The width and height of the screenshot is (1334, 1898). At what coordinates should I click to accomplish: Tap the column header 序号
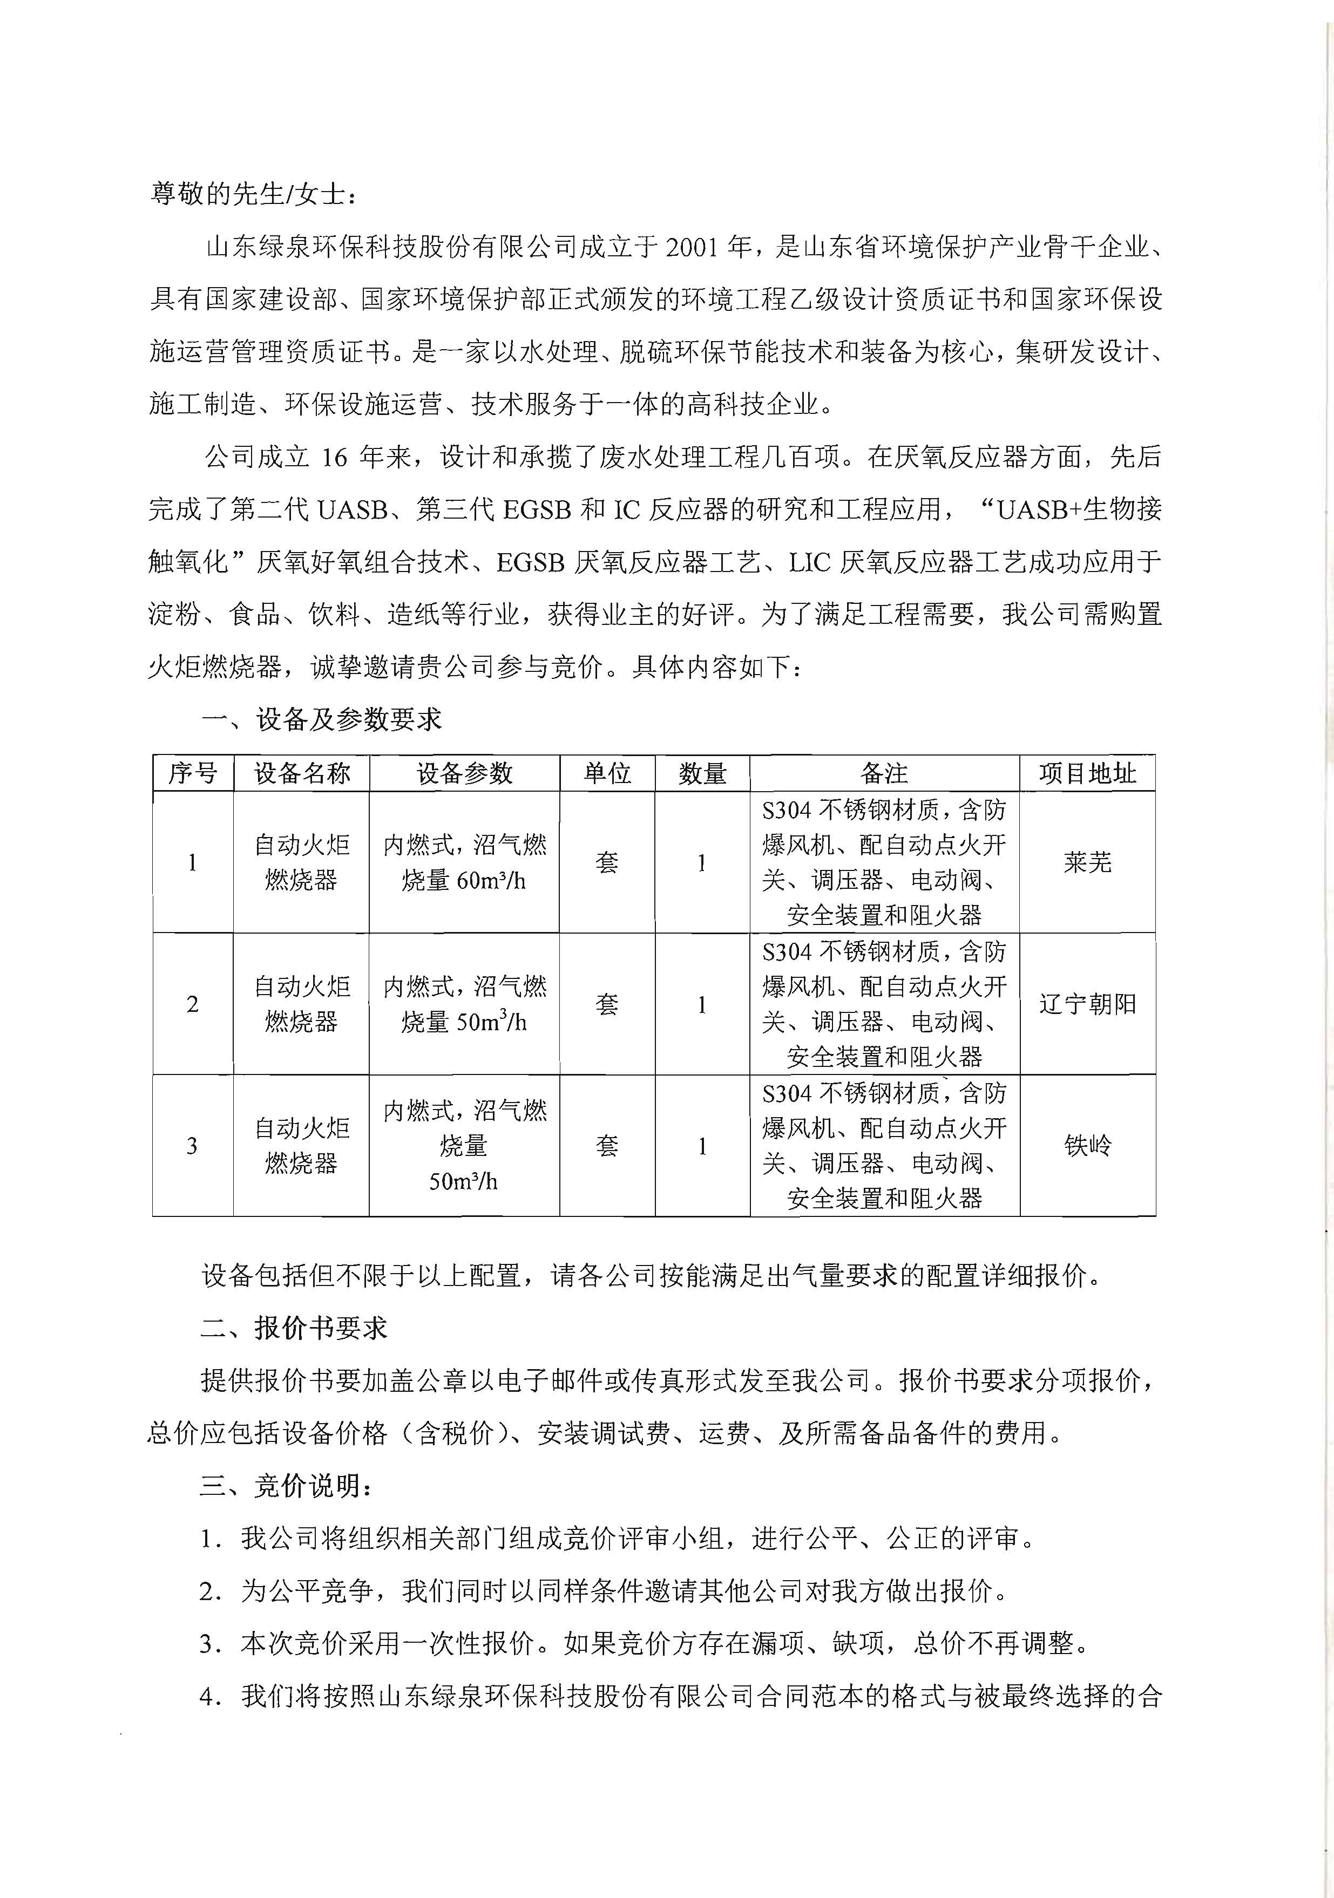193,774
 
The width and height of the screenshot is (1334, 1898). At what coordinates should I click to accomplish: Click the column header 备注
884,774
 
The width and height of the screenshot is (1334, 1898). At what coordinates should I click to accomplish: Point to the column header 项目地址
1087,774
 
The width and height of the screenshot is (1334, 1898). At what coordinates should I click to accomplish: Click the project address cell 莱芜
1087,863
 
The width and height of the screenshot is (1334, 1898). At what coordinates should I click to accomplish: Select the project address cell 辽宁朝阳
1087,1004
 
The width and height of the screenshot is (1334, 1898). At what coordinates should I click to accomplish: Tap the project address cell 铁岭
1087,1146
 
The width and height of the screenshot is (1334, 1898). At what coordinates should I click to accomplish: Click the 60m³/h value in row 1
491,881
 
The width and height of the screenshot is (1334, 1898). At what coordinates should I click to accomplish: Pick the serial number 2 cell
193,1004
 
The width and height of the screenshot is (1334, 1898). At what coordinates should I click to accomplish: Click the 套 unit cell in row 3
607,1146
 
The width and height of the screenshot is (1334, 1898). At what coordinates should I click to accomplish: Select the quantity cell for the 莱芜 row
702,863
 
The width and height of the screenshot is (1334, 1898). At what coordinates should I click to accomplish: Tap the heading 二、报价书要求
294,1329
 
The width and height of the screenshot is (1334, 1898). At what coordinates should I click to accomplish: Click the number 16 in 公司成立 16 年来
334,457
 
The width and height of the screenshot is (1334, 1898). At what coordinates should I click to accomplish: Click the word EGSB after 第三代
535,510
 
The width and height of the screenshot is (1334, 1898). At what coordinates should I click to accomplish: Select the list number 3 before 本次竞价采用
208,1644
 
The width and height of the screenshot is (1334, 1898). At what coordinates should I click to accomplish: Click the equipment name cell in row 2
301,1004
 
